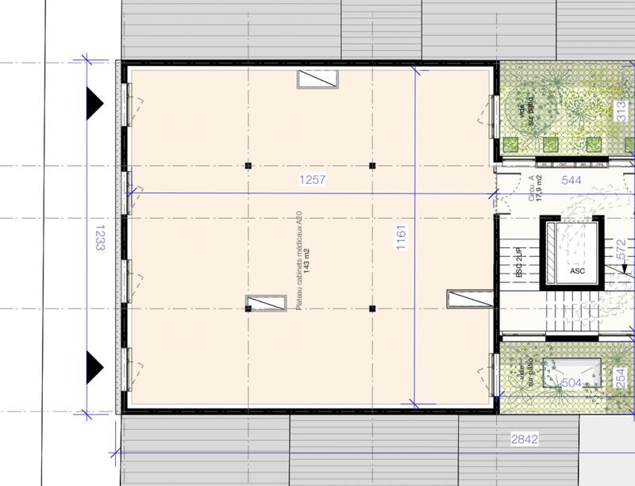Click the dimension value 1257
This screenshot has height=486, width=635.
[312, 181]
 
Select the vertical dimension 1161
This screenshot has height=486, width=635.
[402, 237]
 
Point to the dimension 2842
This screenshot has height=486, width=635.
[525, 438]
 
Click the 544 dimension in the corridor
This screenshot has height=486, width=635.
[571, 181]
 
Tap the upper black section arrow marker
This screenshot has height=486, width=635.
[95, 101]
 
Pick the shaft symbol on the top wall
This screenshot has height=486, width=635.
[319, 78]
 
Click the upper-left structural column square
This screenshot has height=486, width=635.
[248, 166]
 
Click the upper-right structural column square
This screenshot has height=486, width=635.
[371, 166]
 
